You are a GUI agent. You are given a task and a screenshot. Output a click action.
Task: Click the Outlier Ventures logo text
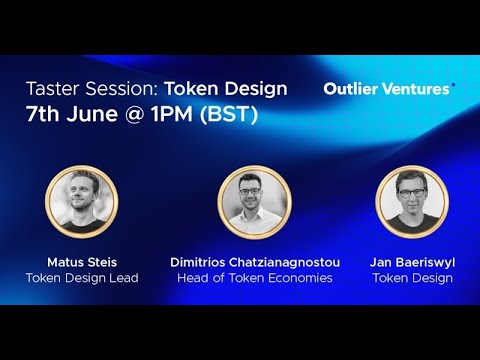(x=388, y=89)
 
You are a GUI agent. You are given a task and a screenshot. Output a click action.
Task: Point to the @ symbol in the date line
(x=136, y=114)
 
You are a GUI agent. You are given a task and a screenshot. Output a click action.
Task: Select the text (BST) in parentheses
(x=231, y=114)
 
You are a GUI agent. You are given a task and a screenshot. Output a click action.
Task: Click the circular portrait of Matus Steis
(x=82, y=201)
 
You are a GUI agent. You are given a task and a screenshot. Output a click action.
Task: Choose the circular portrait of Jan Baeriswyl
(x=412, y=201)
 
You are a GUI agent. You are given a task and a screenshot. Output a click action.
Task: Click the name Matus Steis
(x=82, y=262)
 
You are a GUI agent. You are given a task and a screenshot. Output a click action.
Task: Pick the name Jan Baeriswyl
(x=412, y=262)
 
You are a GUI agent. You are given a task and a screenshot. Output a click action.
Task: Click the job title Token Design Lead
(x=82, y=278)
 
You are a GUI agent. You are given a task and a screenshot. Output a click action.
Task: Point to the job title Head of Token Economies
(x=254, y=278)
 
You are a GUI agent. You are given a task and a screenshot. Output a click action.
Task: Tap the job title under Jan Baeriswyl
(x=412, y=278)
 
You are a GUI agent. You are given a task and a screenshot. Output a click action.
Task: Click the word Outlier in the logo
(x=349, y=89)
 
